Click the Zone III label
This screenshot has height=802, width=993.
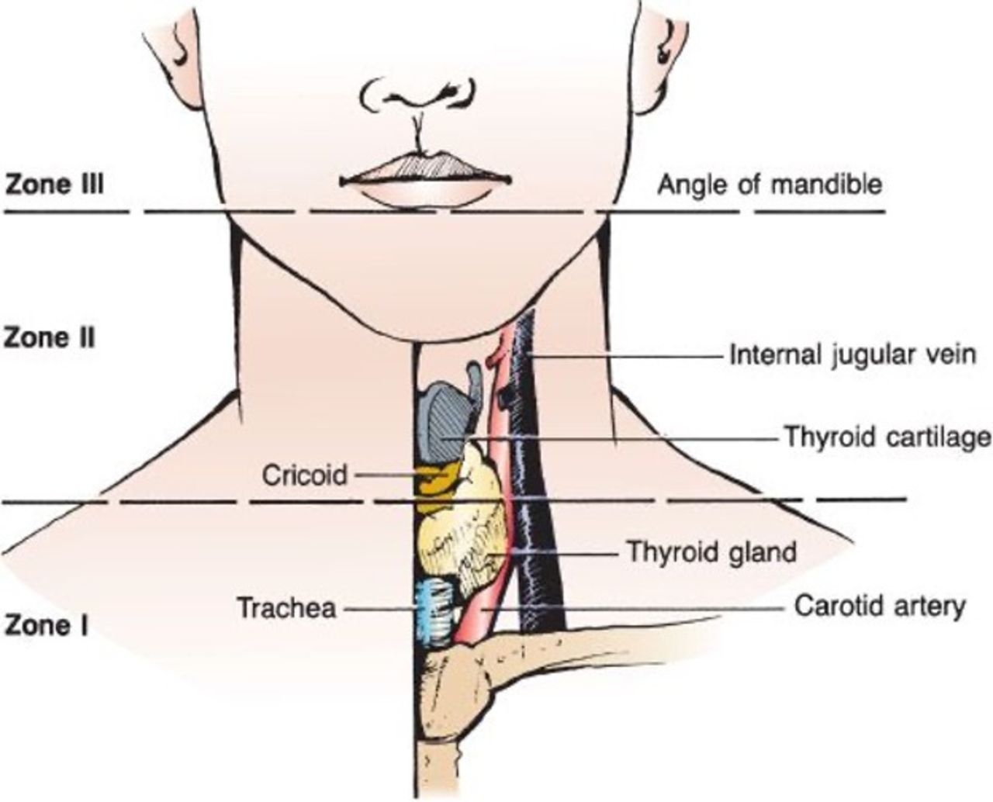pyautogui.click(x=54, y=186)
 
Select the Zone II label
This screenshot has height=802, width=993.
pyautogui.click(x=50, y=338)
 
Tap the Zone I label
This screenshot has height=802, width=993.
pyautogui.click(x=46, y=625)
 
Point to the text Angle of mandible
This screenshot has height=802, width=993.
pyautogui.click(x=770, y=185)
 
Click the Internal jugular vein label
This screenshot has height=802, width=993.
pyautogui.click(x=851, y=356)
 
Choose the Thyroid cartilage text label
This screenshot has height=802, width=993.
pyautogui.click(x=887, y=437)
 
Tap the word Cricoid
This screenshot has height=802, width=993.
pyautogui.click(x=305, y=474)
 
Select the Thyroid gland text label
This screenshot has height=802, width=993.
pyautogui.click(x=711, y=552)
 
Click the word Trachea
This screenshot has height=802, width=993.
pyautogui.click(x=286, y=607)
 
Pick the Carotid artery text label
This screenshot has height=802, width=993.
pyautogui.click(x=880, y=606)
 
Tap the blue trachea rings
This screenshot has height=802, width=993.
pyautogui.click(x=434, y=609)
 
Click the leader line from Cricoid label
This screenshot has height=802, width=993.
pyautogui.click(x=384, y=474)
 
